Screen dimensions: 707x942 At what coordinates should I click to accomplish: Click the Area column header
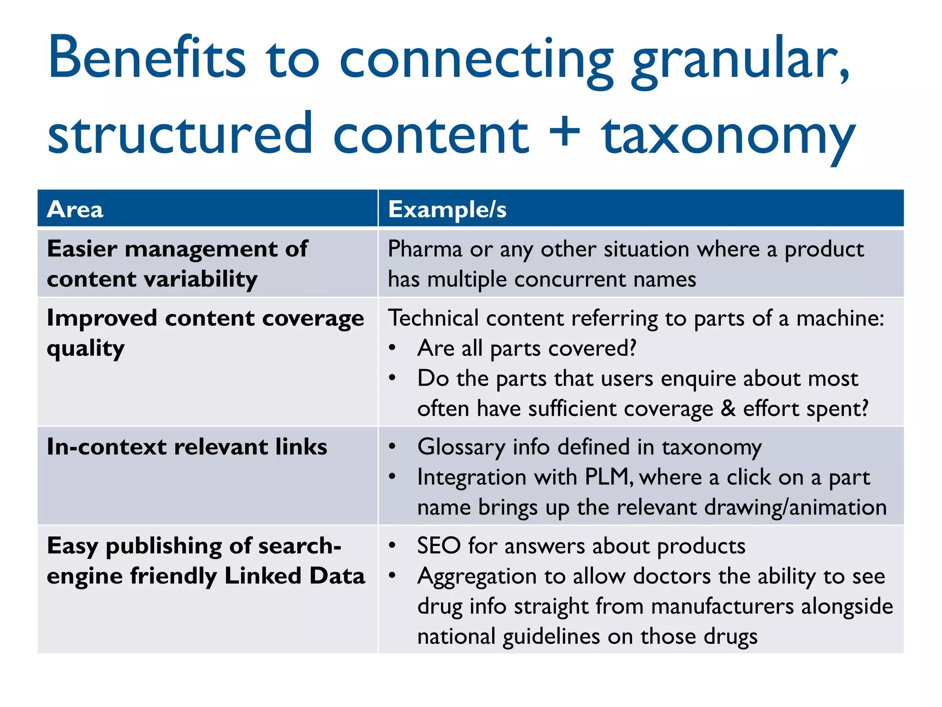tap(75, 209)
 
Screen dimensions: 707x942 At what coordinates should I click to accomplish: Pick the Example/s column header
tap(447, 209)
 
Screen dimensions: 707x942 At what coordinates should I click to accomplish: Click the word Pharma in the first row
tap(425, 249)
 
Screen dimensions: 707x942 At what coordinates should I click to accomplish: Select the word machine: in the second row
tap(840, 319)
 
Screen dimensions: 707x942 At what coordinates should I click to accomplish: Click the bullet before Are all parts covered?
tap(392, 348)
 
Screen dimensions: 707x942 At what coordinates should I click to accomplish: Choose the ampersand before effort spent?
tap(728, 408)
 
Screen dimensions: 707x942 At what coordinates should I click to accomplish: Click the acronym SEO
tap(439, 546)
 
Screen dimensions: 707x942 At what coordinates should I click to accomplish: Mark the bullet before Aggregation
tap(392, 576)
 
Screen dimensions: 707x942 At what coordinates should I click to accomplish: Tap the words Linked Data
tap(294, 576)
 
